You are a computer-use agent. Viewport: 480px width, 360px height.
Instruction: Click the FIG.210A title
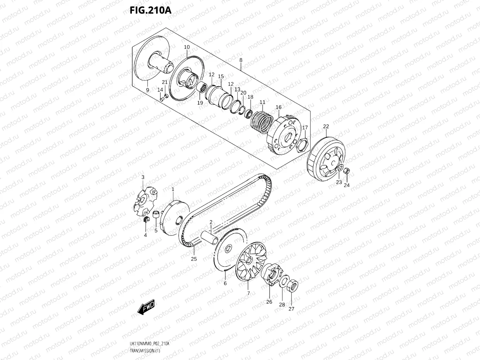(x=150, y=10)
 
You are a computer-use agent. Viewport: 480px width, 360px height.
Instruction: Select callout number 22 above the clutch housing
(x=326, y=127)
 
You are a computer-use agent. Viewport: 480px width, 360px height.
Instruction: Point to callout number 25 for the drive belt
(x=194, y=259)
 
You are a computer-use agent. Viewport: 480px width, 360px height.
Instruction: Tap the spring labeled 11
(x=261, y=120)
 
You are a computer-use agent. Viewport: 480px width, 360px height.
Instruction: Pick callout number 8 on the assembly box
(x=241, y=60)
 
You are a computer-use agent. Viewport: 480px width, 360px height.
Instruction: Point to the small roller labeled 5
(x=156, y=214)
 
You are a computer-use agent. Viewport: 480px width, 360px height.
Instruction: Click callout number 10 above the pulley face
(x=187, y=47)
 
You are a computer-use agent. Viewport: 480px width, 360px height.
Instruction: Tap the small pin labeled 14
(x=162, y=99)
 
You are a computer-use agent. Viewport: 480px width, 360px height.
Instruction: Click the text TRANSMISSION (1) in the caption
(x=145, y=351)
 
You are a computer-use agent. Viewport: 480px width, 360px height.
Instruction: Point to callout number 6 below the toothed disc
(x=225, y=283)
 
